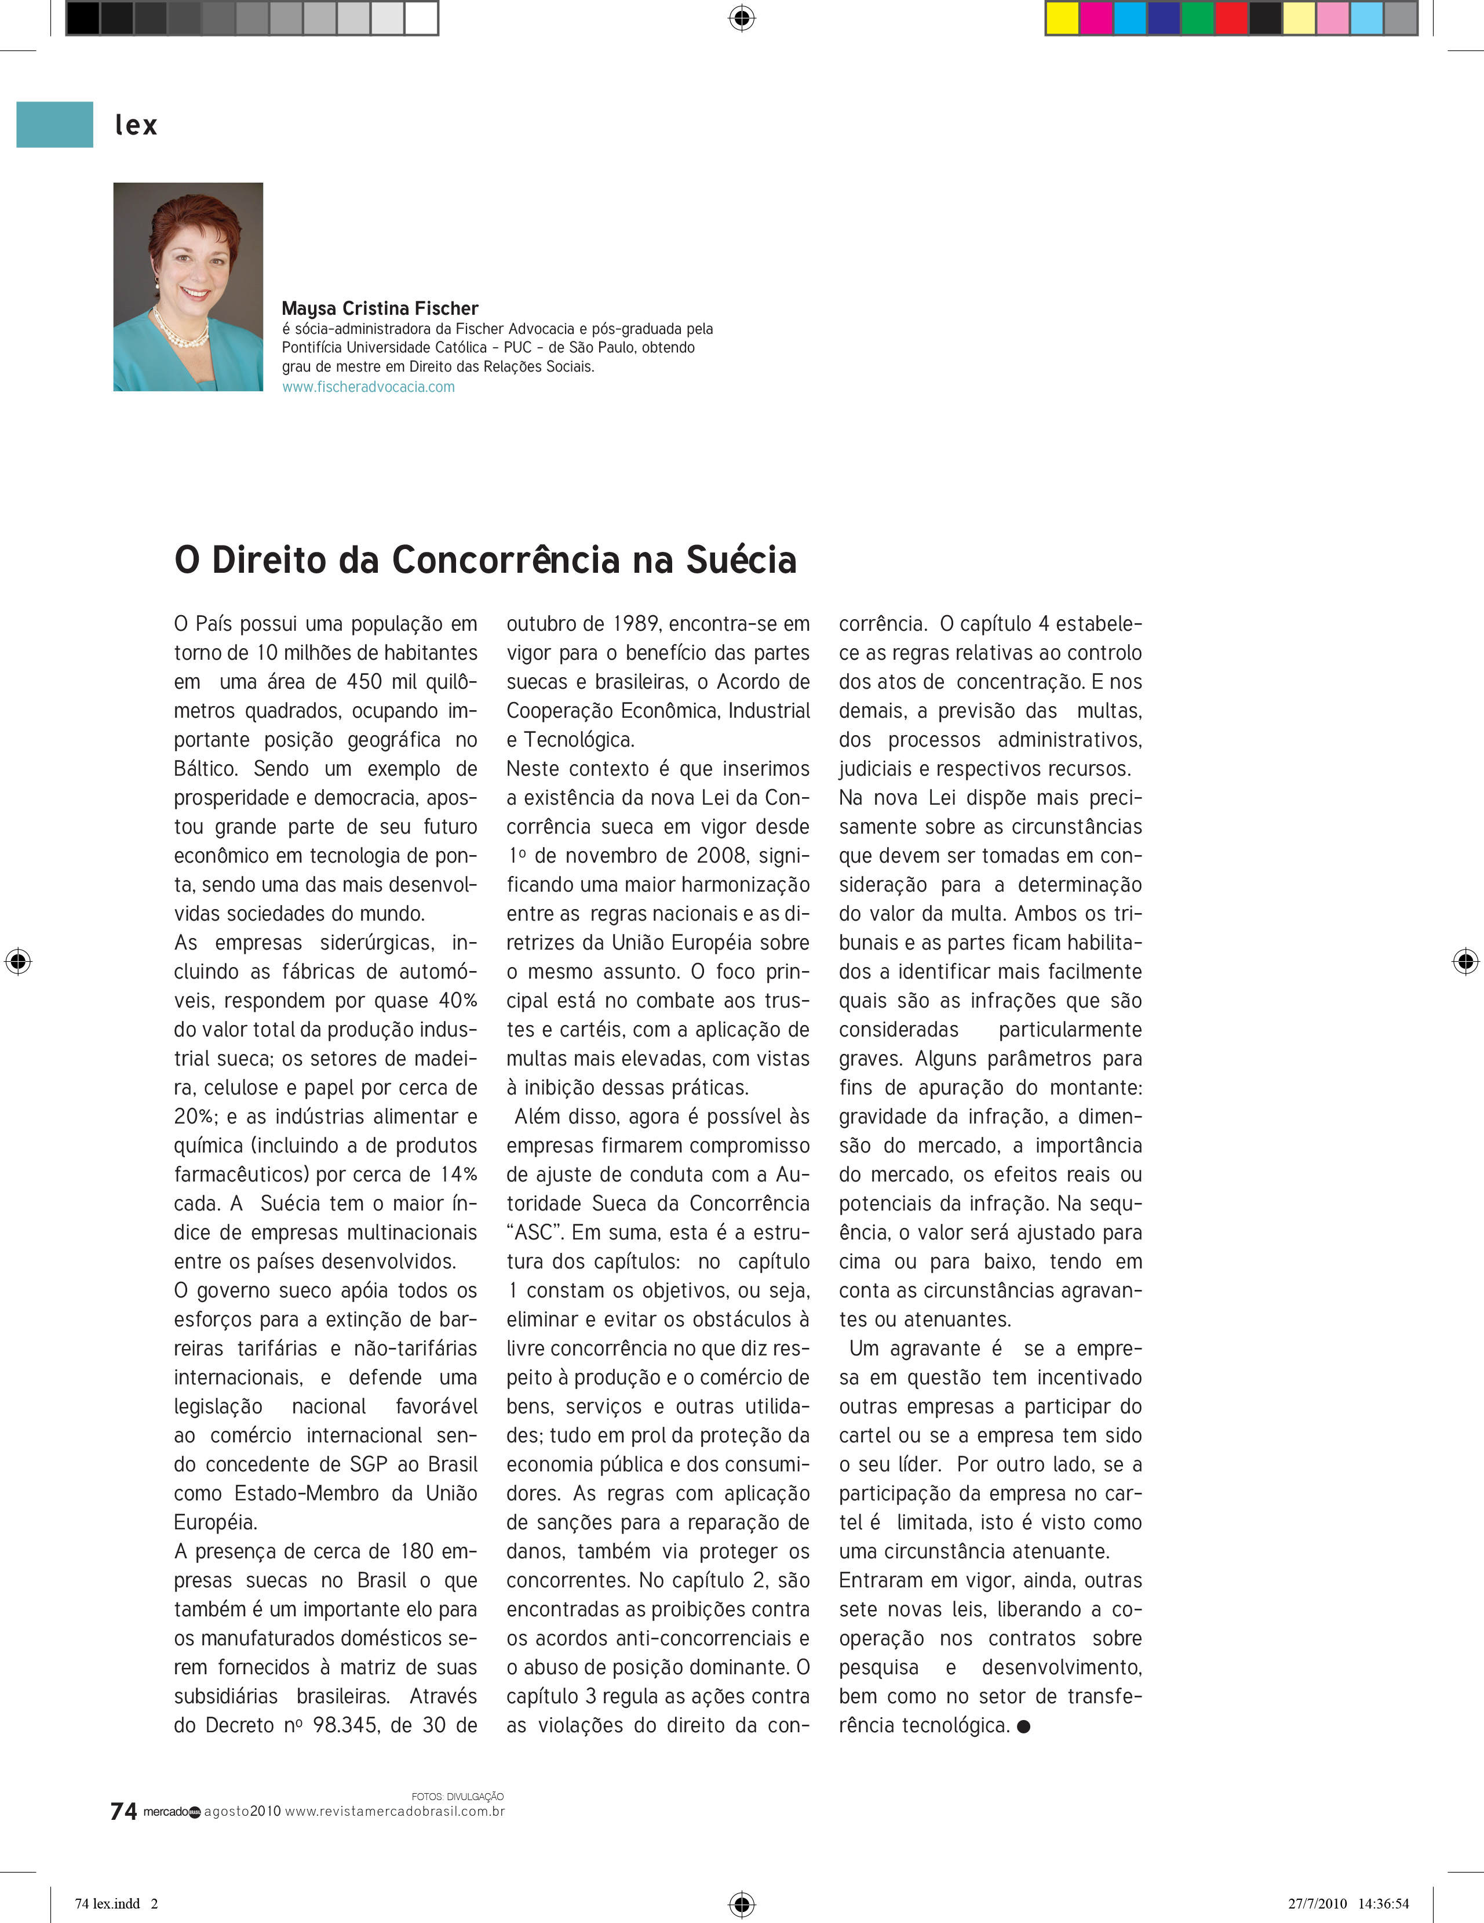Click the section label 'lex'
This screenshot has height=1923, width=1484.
pyautogui.click(x=136, y=125)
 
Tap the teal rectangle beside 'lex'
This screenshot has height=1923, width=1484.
pyautogui.click(x=54, y=124)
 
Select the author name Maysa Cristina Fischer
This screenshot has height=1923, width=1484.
pyautogui.click(x=380, y=308)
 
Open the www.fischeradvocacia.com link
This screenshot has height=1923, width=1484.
pyautogui.click(x=368, y=387)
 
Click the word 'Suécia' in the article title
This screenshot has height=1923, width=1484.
pyautogui.click(x=741, y=560)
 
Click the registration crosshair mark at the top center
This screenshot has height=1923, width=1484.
pyautogui.click(x=742, y=17)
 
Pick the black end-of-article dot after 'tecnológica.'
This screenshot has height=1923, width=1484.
pyautogui.click(x=1024, y=1726)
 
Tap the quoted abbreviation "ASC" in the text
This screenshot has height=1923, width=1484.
pyautogui.click(x=534, y=1232)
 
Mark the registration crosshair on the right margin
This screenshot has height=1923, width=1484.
pyautogui.click(x=1465, y=961)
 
